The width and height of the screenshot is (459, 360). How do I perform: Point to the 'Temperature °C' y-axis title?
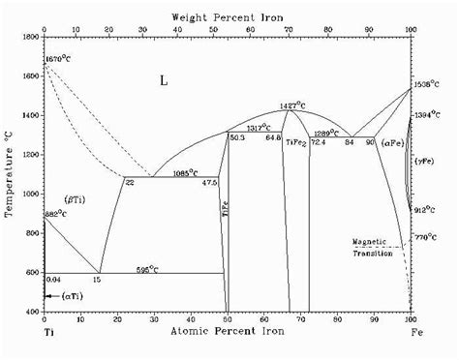(11, 175)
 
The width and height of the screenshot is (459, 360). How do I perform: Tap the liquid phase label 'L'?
(164, 81)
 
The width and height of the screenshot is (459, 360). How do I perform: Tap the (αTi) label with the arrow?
(70, 294)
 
